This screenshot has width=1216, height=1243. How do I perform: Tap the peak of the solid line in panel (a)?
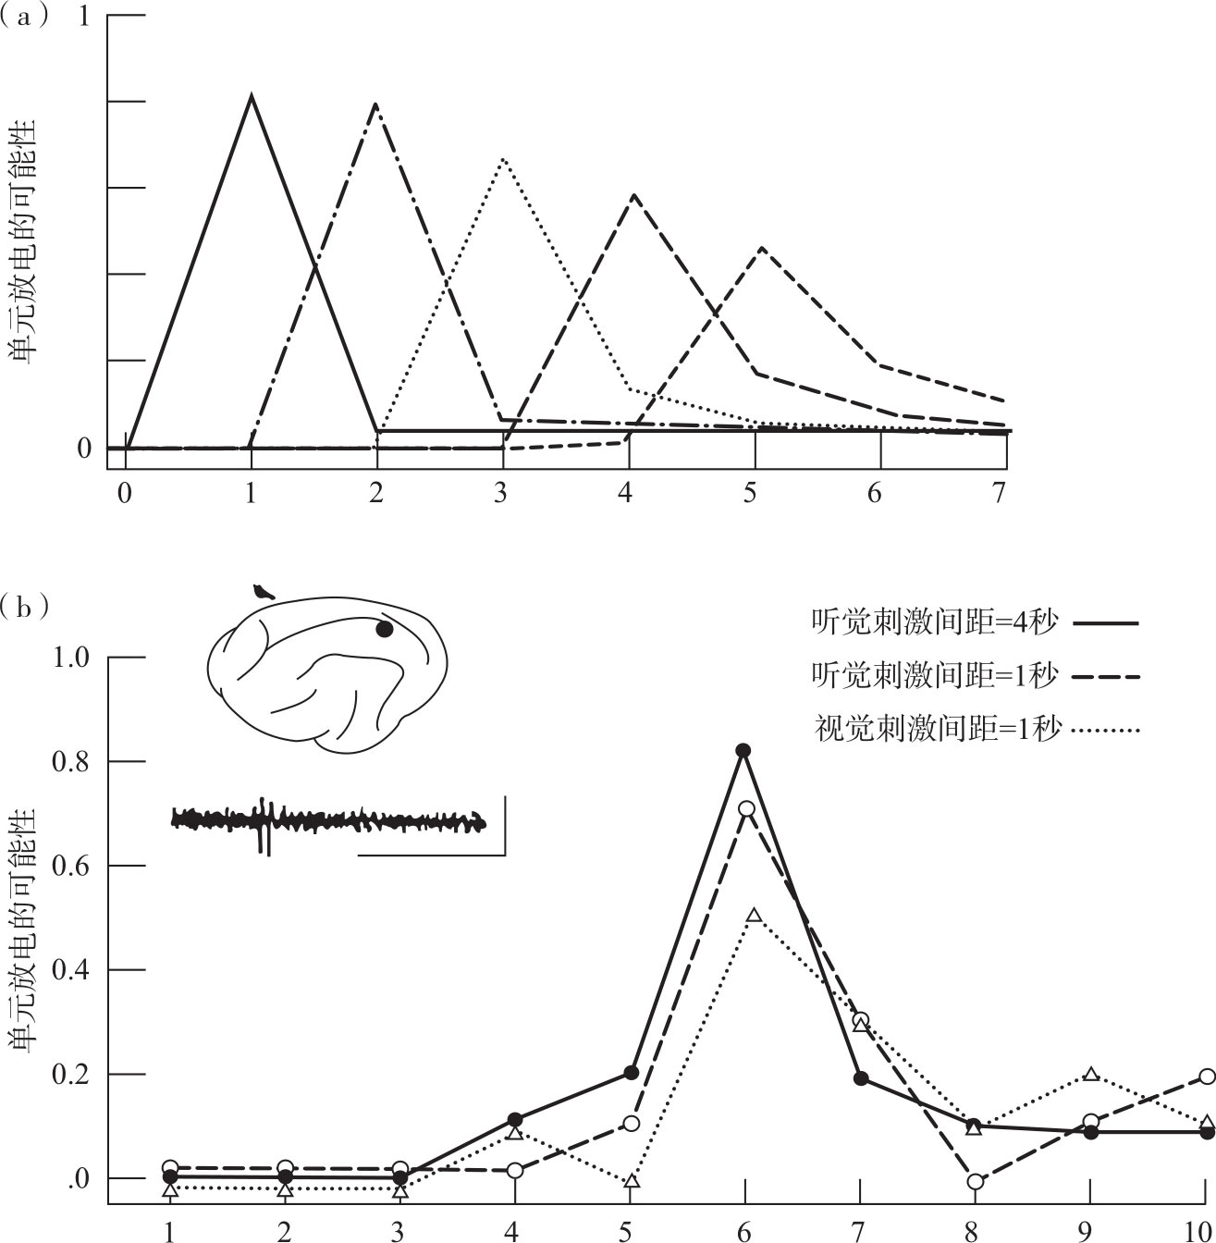(251, 94)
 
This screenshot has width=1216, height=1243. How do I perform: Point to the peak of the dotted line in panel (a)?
(502, 158)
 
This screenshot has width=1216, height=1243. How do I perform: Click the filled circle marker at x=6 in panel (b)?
(743, 750)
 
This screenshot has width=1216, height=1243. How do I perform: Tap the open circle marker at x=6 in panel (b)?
(746, 808)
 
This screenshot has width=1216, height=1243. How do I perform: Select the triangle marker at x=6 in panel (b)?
(754, 916)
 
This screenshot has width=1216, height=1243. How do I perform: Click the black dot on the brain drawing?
(385, 630)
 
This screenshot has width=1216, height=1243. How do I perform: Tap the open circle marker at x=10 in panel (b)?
(1207, 1076)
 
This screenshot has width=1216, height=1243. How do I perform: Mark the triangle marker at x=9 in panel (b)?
(1091, 1074)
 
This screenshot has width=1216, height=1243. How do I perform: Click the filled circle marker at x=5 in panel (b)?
(631, 1073)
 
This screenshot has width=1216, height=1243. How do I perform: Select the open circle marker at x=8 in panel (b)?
(975, 1181)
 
